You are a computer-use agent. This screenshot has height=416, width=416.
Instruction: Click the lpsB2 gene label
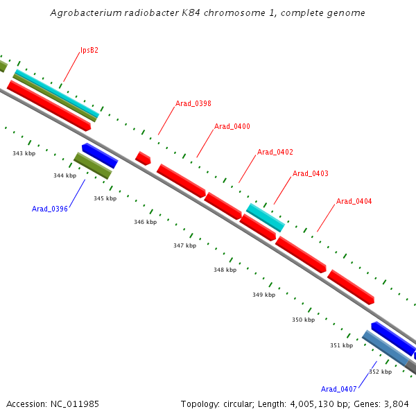[x=89, y=50]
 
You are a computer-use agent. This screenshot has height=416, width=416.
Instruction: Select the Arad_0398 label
[x=193, y=103]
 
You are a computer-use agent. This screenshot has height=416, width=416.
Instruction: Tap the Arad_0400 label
[x=232, y=126]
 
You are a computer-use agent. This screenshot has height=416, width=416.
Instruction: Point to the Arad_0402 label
[x=275, y=152]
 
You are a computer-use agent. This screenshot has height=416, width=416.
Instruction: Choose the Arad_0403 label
[x=311, y=173]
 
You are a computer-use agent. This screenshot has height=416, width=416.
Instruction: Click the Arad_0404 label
[x=354, y=201]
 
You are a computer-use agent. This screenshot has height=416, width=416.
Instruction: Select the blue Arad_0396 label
[x=50, y=209]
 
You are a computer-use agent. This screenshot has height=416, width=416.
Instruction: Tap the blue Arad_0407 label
[x=339, y=389]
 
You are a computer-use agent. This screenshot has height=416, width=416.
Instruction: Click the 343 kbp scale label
[x=24, y=153]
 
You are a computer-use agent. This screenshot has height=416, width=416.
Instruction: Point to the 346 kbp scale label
[x=145, y=222]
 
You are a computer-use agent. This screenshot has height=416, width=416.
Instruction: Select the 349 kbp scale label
[x=263, y=295]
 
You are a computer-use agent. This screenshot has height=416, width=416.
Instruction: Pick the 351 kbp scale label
[x=341, y=345]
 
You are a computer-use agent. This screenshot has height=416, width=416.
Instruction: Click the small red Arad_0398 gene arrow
[x=143, y=158]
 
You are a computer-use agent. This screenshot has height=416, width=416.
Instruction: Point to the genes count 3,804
[x=397, y=404]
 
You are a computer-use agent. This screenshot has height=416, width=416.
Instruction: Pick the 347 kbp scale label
[x=184, y=245]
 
